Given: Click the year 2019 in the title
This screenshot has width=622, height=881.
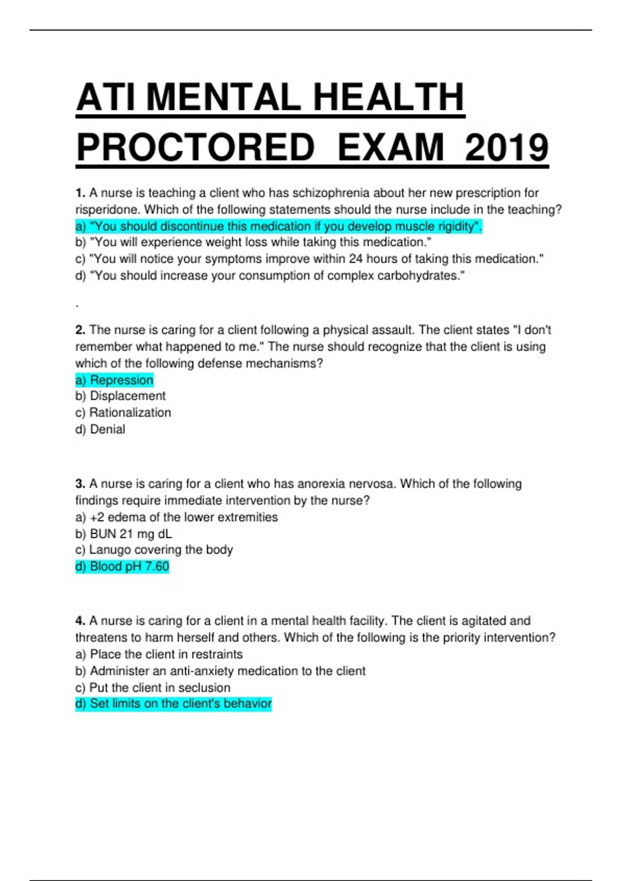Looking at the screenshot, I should tap(506, 148).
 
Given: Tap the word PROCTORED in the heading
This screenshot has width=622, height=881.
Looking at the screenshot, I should tap(195, 148).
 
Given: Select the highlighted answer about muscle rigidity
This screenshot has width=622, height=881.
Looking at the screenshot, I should tap(278, 226).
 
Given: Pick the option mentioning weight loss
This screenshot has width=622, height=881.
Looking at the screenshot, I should tap(253, 243).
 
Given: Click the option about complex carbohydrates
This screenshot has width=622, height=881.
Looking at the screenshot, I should tap(270, 276).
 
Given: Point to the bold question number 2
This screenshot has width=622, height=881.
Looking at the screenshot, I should tap(80, 330).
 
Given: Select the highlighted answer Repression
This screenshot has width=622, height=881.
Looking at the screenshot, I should tap(115, 380).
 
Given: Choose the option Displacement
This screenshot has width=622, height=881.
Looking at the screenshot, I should tap(120, 396).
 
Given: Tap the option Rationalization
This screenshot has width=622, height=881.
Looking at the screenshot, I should tap(123, 413).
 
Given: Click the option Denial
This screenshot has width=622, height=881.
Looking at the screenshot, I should tap(100, 429).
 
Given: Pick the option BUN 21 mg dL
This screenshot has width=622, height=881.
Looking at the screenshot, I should tap(123, 534).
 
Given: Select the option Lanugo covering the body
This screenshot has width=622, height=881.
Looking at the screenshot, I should tap(154, 550).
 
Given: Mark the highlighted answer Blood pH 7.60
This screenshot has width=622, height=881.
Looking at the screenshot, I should tap(122, 566).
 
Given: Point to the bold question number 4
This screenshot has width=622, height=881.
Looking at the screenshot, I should tap(80, 621).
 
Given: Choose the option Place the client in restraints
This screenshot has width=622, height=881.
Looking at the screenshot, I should tap(159, 654).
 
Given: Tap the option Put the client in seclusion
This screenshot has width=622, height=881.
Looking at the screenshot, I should tap(152, 688).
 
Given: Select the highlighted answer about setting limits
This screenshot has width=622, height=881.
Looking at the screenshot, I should tap(173, 704).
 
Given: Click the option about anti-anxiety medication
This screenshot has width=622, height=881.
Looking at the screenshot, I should tap(220, 671).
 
